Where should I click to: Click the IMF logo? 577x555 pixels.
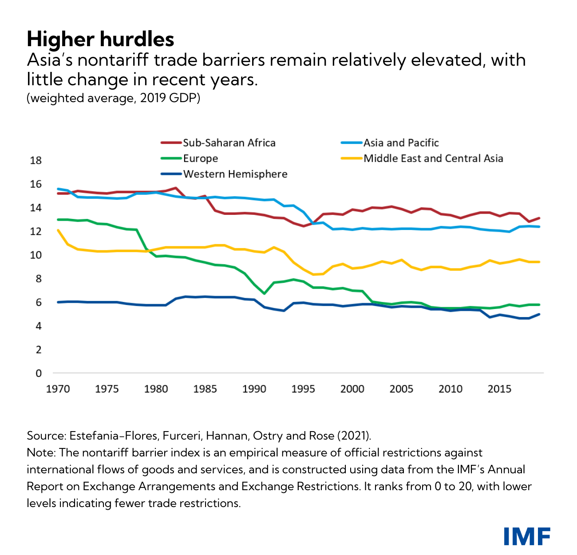click(527, 536)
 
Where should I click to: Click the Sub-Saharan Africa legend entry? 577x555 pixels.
click(229, 143)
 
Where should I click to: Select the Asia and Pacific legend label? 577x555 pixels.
click(401, 143)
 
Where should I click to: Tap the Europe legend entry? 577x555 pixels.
click(201, 159)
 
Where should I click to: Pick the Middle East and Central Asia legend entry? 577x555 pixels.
click(433, 159)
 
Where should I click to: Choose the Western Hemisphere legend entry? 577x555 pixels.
click(235, 174)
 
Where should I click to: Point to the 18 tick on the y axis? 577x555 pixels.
click(36, 161)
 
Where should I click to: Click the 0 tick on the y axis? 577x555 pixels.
click(39, 373)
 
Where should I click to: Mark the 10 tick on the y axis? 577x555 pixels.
click(36, 255)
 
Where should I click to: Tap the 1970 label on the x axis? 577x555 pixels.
click(58, 389)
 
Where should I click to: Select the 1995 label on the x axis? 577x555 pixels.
click(303, 389)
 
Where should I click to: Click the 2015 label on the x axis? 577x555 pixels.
click(499, 389)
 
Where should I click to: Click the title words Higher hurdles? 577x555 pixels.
click(100, 39)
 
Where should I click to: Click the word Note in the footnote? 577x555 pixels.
click(40, 452)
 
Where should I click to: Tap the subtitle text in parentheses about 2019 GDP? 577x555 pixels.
click(114, 98)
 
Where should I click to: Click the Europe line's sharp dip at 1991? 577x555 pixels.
click(264, 293)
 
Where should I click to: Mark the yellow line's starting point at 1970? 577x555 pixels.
click(58, 230)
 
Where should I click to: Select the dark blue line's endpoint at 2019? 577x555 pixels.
click(539, 314)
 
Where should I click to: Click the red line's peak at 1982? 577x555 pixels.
click(176, 188)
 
